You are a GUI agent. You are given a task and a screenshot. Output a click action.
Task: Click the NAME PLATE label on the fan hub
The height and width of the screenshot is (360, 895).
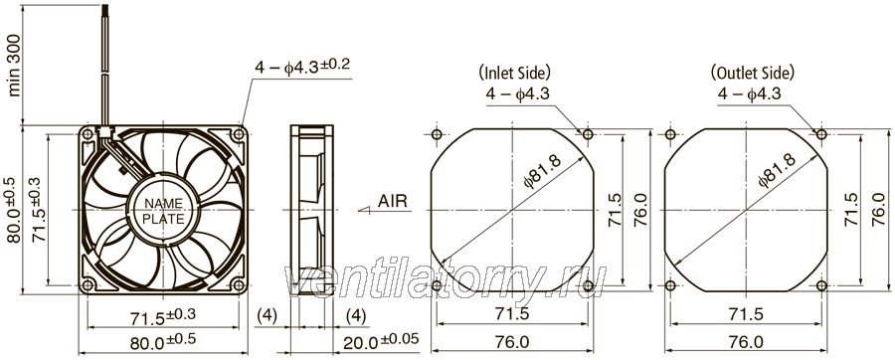pyautogui.click(x=163, y=211)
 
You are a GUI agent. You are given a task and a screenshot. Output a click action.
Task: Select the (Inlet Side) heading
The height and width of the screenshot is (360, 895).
pyautogui.click(x=514, y=73)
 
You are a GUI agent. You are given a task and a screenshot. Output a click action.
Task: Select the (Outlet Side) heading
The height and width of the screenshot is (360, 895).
pyautogui.click(x=753, y=73)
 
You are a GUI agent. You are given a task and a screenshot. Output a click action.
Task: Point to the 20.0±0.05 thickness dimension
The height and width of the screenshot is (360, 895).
pyautogui.click(x=381, y=341)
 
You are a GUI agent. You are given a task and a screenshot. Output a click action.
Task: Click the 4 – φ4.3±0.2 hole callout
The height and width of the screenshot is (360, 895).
pyautogui.click(x=302, y=68)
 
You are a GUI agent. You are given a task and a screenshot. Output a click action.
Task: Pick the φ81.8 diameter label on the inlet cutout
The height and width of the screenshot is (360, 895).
pyautogui.click(x=543, y=172)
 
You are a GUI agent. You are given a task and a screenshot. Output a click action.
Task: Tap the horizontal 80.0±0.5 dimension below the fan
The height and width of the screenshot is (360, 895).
pyautogui.click(x=163, y=342)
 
